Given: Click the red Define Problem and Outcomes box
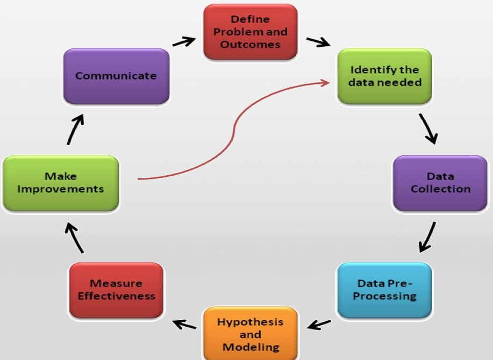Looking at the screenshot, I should (x=250, y=32).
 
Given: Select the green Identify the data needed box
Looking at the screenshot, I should (x=384, y=76).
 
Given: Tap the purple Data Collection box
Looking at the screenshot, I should (x=440, y=183).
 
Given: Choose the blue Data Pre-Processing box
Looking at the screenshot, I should (x=384, y=290).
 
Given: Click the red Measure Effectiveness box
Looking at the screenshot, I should (x=116, y=290).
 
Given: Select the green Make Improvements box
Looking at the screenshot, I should (x=60, y=183).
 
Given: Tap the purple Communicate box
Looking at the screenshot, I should (x=116, y=76).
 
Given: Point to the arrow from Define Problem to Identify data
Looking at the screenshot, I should (x=318, y=42).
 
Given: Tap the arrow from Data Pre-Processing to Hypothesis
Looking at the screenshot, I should (x=319, y=325).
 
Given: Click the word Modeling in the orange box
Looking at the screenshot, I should (x=250, y=347).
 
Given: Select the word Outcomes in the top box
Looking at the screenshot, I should (x=250, y=45).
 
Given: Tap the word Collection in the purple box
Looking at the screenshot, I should (x=440, y=189).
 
